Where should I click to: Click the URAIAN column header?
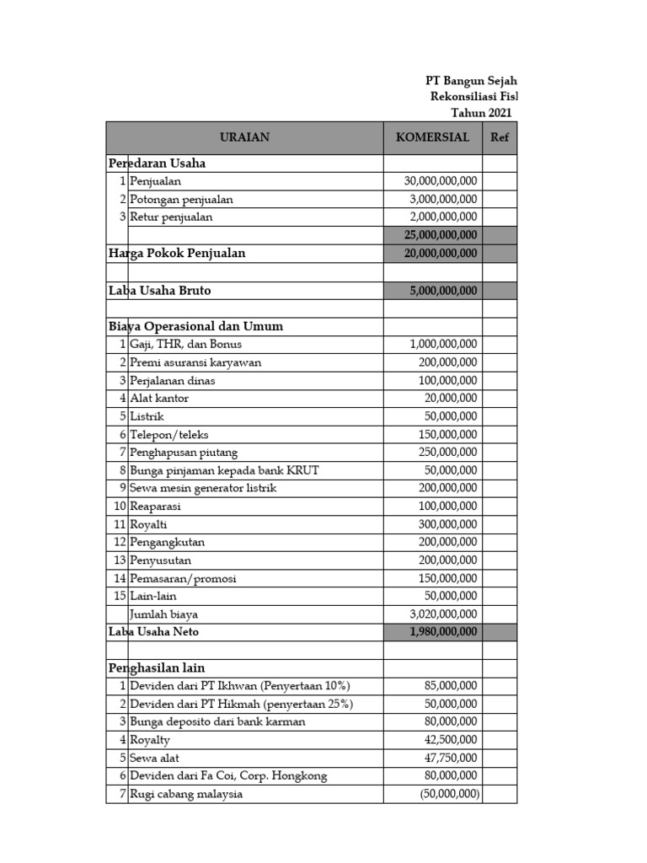pos(244,137)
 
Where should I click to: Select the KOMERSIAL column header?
pos(432,137)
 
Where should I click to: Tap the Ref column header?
pos(499,137)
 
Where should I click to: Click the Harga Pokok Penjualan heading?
pos(177,253)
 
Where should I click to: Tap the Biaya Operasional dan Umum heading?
pos(195,326)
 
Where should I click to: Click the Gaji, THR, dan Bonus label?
pos(186,344)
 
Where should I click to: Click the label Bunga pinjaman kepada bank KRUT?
pos(224,470)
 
